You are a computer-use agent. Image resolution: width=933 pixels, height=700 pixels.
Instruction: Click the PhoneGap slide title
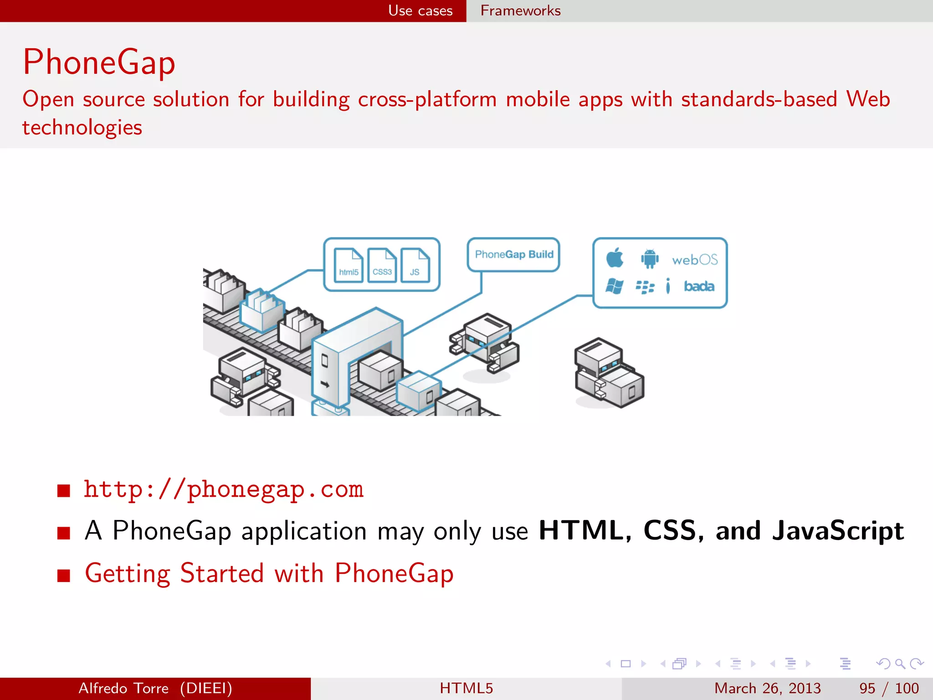[x=99, y=62]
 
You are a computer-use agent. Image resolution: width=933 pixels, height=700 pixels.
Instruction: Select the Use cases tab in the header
[x=420, y=10]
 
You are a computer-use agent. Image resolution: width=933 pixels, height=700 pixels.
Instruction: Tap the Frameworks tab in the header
[x=520, y=10]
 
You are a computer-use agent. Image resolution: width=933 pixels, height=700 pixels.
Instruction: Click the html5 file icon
[x=349, y=265]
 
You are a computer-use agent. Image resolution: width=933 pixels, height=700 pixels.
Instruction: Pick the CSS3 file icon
[x=382, y=265]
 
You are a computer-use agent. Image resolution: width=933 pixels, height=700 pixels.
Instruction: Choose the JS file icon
[x=415, y=265]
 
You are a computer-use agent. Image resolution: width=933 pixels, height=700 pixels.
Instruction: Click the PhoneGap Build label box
[x=514, y=254]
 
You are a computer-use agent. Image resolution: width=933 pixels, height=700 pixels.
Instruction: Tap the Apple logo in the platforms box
[x=615, y=257]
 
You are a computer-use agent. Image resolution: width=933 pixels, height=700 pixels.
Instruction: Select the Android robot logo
[x=650, y=258]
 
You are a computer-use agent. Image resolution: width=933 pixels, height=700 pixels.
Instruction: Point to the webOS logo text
[x=695, y=260]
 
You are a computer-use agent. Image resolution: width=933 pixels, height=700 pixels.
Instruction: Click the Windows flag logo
[x=614, y=286]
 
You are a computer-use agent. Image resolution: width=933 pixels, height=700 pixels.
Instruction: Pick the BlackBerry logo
[x=645, y=287]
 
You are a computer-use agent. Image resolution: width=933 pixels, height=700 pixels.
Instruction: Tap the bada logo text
[x=699, y=286]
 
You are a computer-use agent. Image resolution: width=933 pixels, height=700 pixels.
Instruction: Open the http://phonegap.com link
[x=224, y=489]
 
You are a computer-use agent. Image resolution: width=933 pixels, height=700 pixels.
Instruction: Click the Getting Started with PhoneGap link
[x=269, y=573]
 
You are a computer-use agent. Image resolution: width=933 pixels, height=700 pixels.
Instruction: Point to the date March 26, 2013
[x=767, y=688]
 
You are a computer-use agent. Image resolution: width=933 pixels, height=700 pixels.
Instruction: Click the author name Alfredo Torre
[x=123, y=688]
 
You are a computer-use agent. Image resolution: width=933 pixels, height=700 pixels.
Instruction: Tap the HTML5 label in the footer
[x=466, y=688]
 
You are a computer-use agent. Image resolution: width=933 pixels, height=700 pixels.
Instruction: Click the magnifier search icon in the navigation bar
[x=900, y=664]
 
